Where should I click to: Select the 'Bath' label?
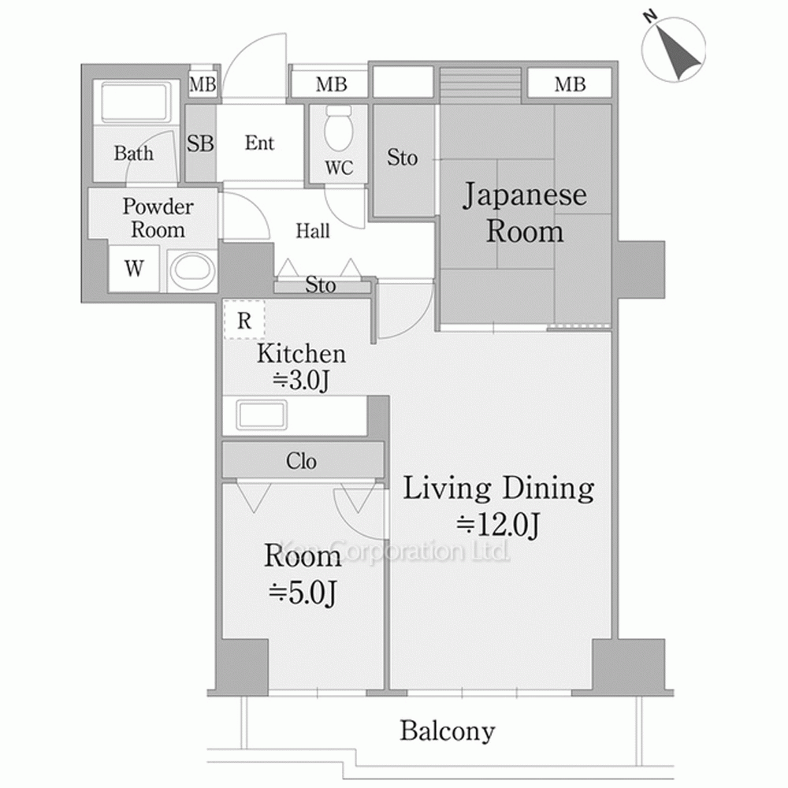[133, 153]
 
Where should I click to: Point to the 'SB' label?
[200, 144]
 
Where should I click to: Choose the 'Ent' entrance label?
[259, 143]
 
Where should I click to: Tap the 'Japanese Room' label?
[524, 213]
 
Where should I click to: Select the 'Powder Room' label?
[158, 218]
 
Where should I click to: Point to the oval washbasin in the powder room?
[193, 269]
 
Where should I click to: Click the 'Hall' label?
[313, 232]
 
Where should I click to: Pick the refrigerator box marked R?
[244, 320]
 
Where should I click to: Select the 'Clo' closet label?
[301, 461]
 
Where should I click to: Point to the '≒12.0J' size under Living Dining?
[498, 525]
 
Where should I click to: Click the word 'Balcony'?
[447, 730]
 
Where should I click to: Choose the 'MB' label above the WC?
[331, 84]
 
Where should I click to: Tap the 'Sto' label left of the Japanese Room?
[402, 158]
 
